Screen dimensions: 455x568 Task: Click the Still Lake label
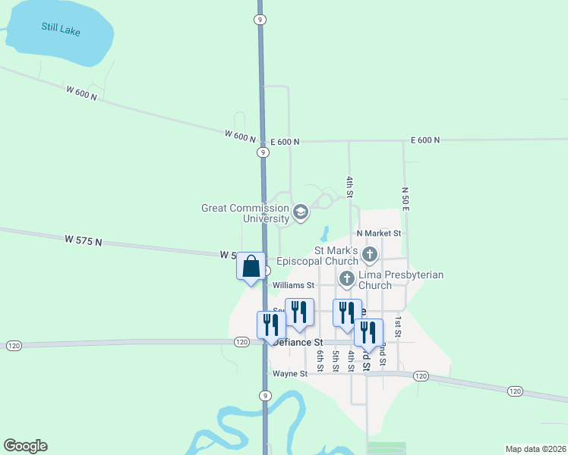coord(60,31)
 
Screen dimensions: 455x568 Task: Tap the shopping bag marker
coord(251,268)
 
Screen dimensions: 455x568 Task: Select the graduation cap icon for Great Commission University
coord(300,212)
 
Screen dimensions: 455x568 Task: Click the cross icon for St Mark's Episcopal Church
coord(370,254)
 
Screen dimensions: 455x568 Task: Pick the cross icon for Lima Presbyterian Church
coord(347,278)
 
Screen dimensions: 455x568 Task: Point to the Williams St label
coord(295,286)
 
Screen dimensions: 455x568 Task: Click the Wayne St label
coord(289,374)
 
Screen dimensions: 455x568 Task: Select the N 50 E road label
coord(405,198)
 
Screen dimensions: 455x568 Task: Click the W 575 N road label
coord(84,240)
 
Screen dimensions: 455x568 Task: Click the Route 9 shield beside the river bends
coord(264,396)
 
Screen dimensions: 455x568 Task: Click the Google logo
coord(25,446)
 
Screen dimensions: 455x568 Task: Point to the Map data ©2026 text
coord(535,448)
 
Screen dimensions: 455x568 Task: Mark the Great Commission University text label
coord(245,213)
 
